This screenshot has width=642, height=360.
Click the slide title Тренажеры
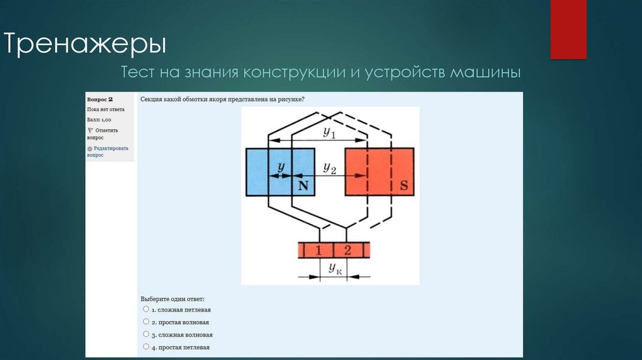86,45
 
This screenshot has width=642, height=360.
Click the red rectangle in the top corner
568,29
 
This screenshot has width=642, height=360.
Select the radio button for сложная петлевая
146,309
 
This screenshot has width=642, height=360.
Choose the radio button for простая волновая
146,322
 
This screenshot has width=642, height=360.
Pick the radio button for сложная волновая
146,334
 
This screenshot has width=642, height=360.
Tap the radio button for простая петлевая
146,346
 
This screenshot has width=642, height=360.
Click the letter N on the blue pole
304,185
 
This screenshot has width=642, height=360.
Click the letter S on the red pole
404,185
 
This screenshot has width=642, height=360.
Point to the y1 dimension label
329,132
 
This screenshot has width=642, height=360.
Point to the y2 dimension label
330,167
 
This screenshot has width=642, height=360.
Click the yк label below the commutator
335,268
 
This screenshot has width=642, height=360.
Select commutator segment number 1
318,250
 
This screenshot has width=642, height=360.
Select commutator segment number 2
348,250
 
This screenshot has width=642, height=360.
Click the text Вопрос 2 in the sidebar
100,99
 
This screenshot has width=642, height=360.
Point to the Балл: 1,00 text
99,119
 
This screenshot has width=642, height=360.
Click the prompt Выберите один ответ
172,299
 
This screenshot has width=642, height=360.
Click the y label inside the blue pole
281,167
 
